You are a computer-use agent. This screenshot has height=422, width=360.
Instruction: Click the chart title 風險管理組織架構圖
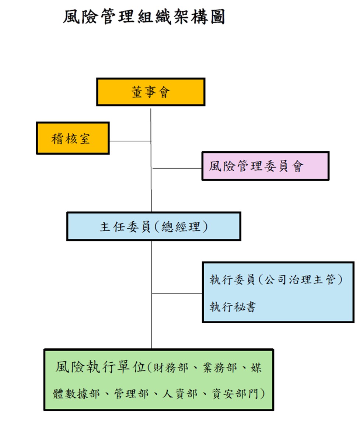point(144,17)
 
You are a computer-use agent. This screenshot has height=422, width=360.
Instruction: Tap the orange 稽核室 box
point(73,138)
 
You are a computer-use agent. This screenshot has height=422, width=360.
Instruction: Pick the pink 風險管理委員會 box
point(265,166)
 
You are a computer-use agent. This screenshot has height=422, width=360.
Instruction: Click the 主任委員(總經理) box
point(153,226)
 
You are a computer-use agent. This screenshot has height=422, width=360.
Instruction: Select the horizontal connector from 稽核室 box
point(130,141)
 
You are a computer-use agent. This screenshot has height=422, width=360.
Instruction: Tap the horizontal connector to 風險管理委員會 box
point(177,168)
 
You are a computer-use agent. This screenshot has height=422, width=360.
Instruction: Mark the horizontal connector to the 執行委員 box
point(177,293)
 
